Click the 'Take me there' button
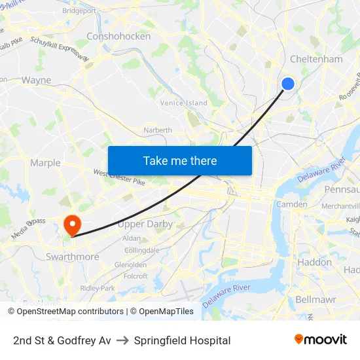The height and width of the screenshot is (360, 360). (180, 161)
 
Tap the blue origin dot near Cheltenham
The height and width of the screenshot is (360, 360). (287, 83)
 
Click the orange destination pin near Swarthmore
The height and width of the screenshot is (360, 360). (72, 225)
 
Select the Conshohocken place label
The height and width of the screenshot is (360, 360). (118, 37)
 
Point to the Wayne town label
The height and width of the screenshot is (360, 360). (36, 81)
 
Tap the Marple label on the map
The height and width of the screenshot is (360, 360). (45, 163)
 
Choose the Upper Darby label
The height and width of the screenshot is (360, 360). (145, 224)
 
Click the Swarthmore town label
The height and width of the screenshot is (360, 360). (72, 257)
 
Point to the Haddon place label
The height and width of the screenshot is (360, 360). (314, 262)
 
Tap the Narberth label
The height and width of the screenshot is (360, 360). (158, 130)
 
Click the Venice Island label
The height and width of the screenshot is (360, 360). (184, 103)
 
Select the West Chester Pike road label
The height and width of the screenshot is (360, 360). (118, 177)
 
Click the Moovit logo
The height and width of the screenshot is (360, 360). (321, 339)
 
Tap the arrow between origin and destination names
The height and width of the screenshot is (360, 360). (122, 340)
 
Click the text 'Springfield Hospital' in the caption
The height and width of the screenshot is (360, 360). (182, 340)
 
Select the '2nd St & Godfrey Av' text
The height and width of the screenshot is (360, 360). (62, 340)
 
